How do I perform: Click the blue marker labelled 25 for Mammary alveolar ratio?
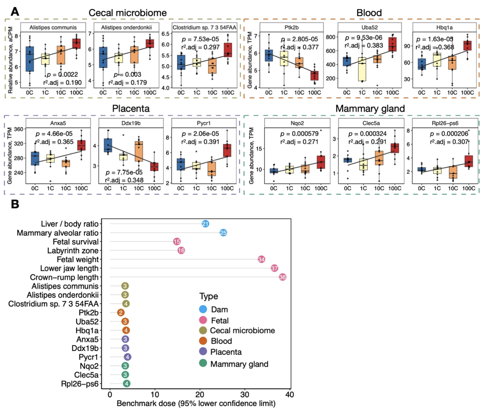(223, 233)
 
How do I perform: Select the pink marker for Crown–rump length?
(282, 277)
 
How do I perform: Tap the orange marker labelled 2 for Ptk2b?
(121, 313)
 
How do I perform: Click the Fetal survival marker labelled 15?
(177, 242)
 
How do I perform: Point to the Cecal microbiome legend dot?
(203, 331)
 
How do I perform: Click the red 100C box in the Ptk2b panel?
(314, 76)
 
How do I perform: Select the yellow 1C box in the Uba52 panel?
(362, 69)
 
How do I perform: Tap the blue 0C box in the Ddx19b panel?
(108, 145)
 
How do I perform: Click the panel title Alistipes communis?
(53, 27)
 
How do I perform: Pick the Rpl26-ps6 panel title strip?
(445, 123)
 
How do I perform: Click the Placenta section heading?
(131, 109)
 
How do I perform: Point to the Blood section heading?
(369, 13)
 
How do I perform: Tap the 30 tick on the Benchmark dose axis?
(245, 395)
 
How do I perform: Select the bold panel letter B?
(15, 204)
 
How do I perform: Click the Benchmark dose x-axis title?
(196, 404)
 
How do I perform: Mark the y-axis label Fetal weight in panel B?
(78, 259)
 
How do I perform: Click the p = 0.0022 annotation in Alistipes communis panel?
(62, 75)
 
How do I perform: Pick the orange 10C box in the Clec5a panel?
(379, 158)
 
